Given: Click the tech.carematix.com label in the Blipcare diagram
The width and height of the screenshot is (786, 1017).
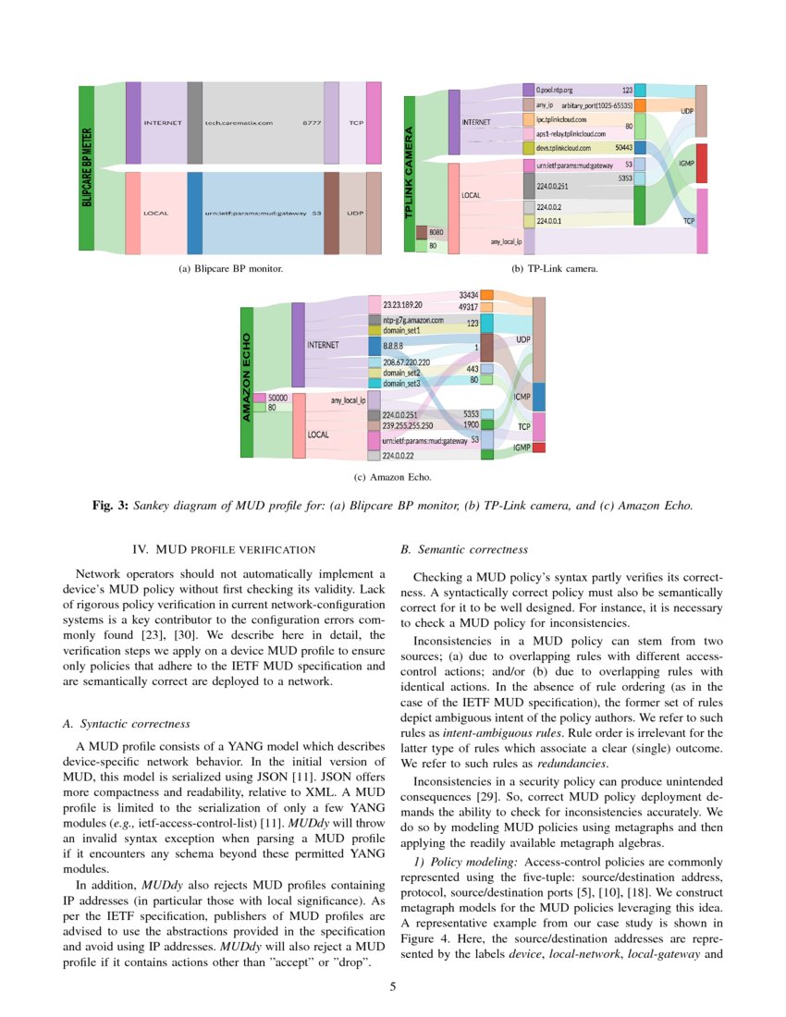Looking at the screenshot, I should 239,122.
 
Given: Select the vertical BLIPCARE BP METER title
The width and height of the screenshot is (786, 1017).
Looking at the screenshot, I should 87,167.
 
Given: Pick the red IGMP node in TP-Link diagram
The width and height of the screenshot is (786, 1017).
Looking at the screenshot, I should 701,164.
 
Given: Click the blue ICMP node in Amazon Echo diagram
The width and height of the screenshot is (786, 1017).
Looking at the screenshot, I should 539,397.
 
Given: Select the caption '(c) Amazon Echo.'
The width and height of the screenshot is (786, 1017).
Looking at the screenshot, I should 392,478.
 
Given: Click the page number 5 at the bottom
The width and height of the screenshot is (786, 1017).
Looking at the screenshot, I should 393,987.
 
